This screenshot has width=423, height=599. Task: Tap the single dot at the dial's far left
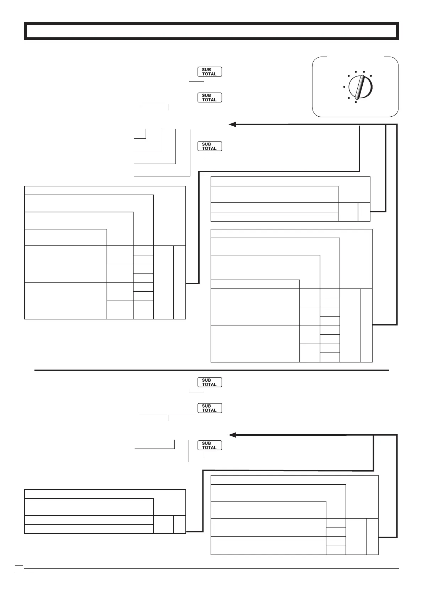[x=344, y=86]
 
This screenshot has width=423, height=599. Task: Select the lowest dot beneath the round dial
[x=356, y=102]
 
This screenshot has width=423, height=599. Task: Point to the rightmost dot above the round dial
[x=371, y=76]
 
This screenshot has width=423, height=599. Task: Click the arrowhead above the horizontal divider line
[x=233, y=124]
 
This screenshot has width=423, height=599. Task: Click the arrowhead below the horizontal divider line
[x=233, y=435]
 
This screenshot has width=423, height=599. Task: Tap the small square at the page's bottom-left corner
[x=19, y=569]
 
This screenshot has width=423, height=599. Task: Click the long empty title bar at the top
[x=211, y=31]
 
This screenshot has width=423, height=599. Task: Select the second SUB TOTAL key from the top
[x=210, y=97]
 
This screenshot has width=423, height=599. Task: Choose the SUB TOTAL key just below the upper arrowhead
[x=210, y=146]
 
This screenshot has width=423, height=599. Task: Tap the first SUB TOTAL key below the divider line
[x=210, y=382]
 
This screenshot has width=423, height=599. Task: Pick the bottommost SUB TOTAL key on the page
[x=210, y=445]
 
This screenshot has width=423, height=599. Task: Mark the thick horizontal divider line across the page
[x=211, y=370]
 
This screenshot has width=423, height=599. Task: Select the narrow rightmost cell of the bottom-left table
[x=180, y=524]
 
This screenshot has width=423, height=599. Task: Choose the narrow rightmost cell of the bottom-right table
[x=372, y=536]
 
